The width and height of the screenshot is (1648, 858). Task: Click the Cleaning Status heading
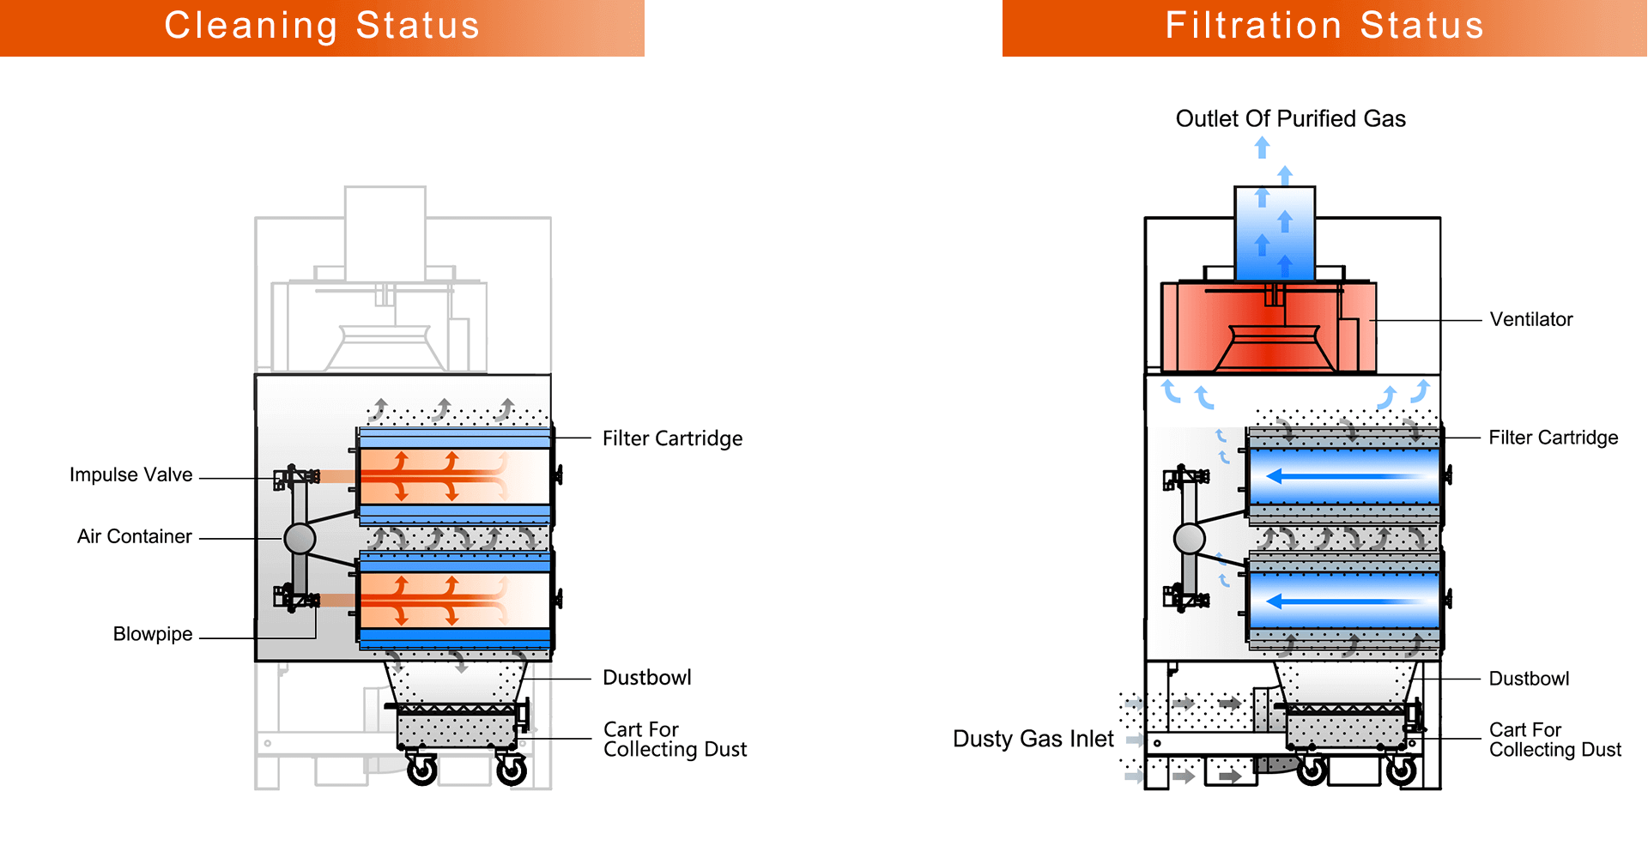322,26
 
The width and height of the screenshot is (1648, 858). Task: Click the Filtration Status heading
1324,26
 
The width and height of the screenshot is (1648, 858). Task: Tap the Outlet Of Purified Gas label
1290,118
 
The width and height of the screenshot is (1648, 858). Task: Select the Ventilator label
1531,319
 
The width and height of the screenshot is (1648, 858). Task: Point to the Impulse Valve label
130,474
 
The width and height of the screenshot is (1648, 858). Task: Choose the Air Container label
134,536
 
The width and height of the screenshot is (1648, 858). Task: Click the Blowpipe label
153,634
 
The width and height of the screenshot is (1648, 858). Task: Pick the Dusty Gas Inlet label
1033,739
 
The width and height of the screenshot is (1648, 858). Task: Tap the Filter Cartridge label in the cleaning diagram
672,438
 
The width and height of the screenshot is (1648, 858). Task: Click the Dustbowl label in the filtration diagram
1529,679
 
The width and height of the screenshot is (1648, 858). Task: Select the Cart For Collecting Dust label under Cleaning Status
675,740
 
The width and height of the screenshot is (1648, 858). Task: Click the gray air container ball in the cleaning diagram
300,539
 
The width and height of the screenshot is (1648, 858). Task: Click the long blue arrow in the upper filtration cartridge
1343,476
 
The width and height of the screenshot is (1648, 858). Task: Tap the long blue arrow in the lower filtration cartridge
1343,601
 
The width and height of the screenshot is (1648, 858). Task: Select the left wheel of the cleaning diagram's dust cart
421,770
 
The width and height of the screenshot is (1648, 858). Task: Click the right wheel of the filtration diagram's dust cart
1402,770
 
